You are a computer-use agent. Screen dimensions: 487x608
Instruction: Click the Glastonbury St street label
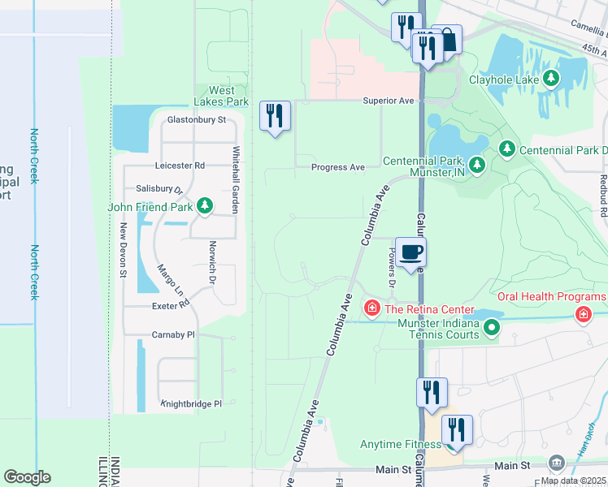tap(195, 120)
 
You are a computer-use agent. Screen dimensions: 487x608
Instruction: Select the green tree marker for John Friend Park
tap(206, 207)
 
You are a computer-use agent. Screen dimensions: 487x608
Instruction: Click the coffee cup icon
tap(410, 252)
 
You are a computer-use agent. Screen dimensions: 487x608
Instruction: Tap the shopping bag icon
tap(446, 39)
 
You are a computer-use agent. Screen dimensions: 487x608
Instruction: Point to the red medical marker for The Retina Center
tap(371, 308)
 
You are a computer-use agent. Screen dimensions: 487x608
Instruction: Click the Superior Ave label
tap(389, 101)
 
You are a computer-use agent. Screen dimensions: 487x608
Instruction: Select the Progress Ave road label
tap(338, 167)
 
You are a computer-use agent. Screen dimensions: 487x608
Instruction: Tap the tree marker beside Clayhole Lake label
tap(552, 80)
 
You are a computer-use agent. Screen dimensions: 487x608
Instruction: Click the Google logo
tap(27, 477)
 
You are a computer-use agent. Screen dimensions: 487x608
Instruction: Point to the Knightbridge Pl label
tap(191, 403)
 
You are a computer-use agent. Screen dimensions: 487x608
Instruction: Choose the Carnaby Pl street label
tap(174, 334)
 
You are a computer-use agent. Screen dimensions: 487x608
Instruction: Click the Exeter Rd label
tap(170, 306)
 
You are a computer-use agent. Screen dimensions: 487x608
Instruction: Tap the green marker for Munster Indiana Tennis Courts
tap(491, 328)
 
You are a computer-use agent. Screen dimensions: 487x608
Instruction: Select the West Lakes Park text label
tap(221, 97)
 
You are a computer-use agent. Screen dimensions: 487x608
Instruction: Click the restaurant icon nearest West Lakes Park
tap(275, 116)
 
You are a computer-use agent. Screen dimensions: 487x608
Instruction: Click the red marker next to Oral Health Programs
tap(583, 314)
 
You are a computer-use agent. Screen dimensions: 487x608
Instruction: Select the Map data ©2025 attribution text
tap(572, 481)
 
